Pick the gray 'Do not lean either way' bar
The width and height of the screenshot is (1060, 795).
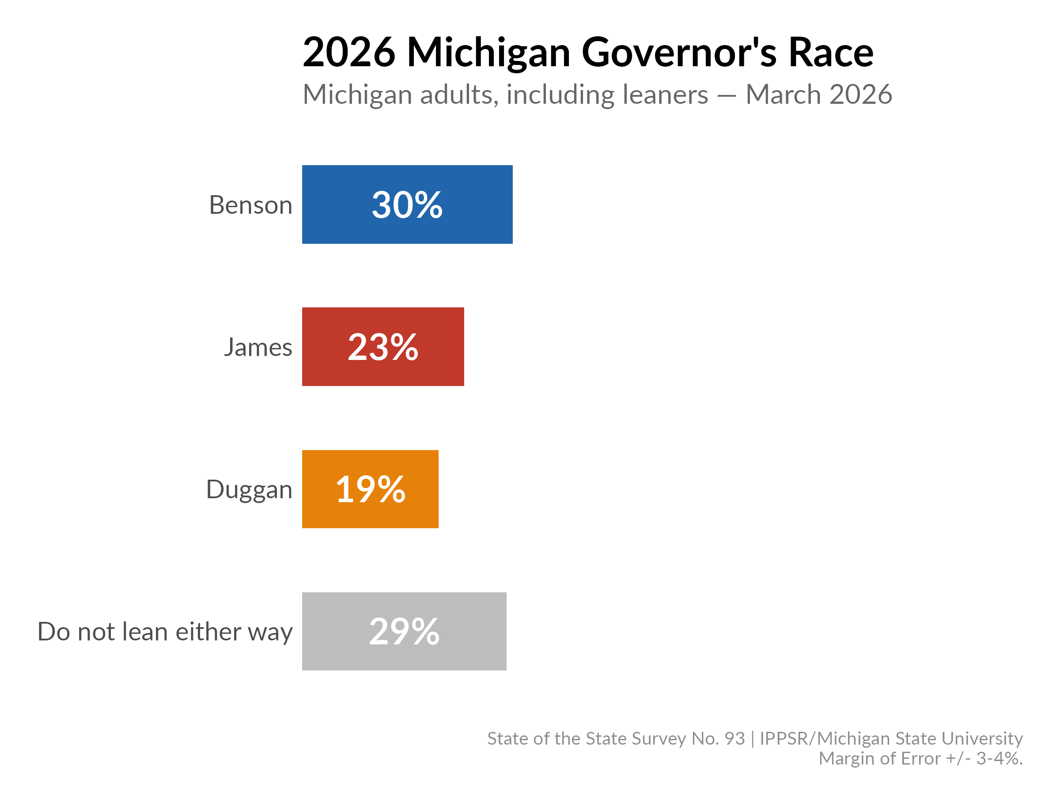[x=474, y=631]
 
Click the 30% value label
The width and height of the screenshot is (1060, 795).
[x=407, y=205]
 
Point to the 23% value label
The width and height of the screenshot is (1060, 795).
[x=383, y=347]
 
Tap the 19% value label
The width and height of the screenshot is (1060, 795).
[x=371, y=489]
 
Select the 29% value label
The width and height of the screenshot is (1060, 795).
[x=404, y=632]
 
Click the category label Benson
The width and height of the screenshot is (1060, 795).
[x=250, y=205]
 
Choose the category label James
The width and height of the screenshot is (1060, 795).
[x=258, y=347]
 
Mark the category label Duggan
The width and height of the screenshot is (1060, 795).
[x=249, y=490]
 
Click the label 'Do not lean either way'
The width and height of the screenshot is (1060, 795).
[x=165, y=632]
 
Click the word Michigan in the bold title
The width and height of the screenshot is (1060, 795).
[x=488, y=53]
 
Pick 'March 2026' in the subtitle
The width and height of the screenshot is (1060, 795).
[x=818, y=95]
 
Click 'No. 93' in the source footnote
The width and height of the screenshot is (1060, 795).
[x=718, y=738]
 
